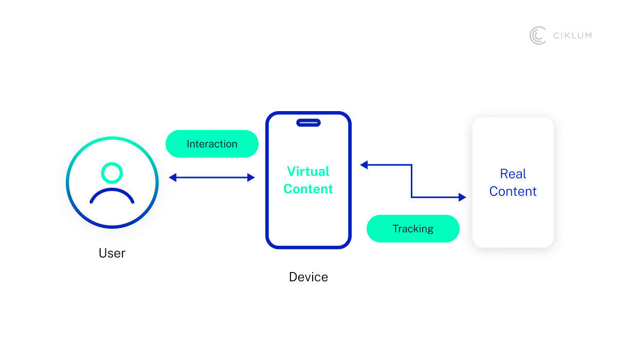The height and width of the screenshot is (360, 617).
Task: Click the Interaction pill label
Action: tap(212, 144)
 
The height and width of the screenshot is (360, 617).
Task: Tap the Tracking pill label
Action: tap(413, 229)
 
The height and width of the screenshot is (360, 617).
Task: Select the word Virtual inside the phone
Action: tap(308, 171)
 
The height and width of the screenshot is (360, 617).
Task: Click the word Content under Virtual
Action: tap(308, 189)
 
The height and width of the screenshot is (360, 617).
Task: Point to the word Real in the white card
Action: tap(513, 174)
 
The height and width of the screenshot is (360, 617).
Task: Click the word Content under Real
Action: tap(513, 191)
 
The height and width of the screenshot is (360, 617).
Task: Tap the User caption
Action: tap(112, 253)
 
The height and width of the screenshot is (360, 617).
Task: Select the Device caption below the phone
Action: tap(308, 277)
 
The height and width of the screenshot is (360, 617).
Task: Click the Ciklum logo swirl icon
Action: tap(538, 35)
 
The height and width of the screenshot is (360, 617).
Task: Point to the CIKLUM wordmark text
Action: tap(572, 35)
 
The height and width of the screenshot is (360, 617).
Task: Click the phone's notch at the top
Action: tap(308, 122)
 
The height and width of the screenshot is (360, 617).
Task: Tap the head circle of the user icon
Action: tap(112, 173)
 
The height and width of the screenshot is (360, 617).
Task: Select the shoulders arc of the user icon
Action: tap(112, 196)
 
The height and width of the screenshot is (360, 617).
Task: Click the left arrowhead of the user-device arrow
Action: tap(172, 177)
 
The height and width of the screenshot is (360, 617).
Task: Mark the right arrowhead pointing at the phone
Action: tap(251, 177)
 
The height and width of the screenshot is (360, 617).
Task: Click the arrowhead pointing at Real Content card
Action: tap(462, 197)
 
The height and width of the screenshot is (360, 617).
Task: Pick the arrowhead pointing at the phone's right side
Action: tap(364, 165)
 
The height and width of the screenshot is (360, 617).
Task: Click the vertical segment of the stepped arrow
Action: tap(411, 181)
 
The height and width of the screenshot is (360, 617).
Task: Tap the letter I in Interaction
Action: tap(188, 144)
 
